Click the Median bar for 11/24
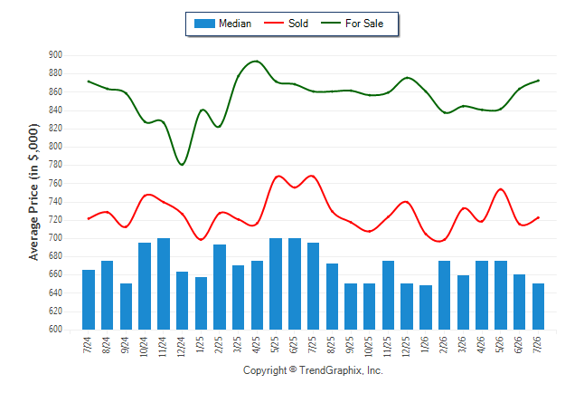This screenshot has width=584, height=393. click(164, 283)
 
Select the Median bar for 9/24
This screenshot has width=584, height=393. click(126, 306)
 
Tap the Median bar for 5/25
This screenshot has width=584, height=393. click(276, 283)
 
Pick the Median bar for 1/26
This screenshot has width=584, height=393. click(426, 308)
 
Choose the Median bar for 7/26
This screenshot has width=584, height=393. click(538, 306)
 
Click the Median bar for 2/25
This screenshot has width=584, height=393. click(220, 287)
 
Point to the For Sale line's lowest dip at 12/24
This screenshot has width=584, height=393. click(182, 165)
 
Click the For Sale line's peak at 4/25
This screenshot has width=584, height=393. click(257, 61)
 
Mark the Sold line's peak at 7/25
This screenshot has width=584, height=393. click(312, 176)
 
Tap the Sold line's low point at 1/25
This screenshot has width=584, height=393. click(201, 239)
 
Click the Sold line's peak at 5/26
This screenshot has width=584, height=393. click(501, 189)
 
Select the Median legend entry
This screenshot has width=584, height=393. click(222, 24)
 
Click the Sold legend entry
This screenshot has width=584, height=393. click(286, 24)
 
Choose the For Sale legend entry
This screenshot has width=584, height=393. click(352, 24)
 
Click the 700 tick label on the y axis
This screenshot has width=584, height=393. click(55, 238)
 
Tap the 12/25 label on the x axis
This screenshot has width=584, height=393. click(406, 346)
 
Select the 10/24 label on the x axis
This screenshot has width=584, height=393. click(144, 346)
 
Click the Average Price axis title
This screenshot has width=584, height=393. click(33, 192)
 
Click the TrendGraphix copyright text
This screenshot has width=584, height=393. click(313, 370)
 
